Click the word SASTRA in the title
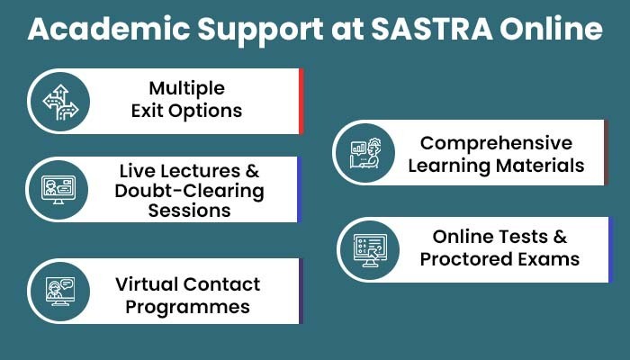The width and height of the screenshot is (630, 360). point(431,29)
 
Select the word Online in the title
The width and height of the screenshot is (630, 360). point(551,29)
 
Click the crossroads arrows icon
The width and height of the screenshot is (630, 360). point(60,102)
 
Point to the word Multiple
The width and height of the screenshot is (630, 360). point(187,89)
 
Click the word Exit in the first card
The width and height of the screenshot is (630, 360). point(147,111)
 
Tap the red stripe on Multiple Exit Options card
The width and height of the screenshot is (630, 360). point(301,101)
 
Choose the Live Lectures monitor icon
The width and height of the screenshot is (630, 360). point(58,190)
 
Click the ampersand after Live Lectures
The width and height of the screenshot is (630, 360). point(251,171)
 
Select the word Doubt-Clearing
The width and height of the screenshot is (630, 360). point(189,192)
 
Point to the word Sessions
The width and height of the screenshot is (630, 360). point(189,211)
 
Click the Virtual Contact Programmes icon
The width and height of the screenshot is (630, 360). point(60,292)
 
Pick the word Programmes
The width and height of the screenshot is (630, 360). point(187,308)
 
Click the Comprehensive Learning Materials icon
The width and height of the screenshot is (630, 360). point(365,153)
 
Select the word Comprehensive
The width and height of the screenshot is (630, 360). point(496,144)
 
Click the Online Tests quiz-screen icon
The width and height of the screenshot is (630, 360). point(370,250)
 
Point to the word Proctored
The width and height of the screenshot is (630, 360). point(466,259)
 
